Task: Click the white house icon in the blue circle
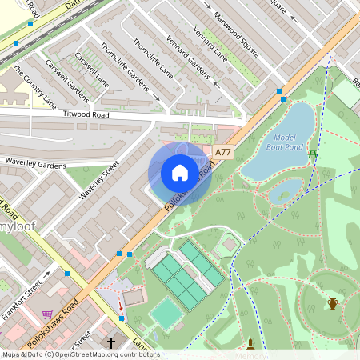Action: [x=179, y=173]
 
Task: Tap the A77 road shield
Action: [x=224, y=152]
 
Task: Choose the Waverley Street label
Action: [x=99, y=181]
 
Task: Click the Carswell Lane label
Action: [x=91, y=70]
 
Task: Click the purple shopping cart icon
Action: [x=47, y=314]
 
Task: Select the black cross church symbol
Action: [x=112, y=342]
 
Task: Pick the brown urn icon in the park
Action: [x=332, y=303]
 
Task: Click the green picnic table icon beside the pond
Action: [x=313, y=152]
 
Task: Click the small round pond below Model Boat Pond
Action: [x=286, y=191]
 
